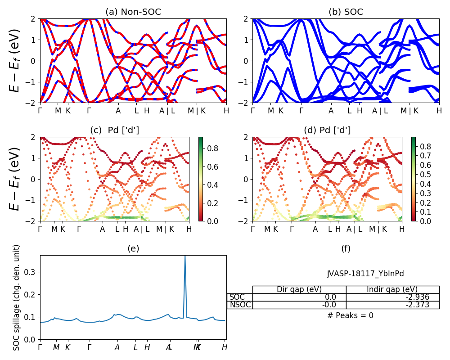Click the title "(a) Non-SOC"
tap(133, 12)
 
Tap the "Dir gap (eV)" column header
tap(299, 289)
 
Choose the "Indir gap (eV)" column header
tap(392, 289)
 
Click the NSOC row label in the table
tap(239, 305)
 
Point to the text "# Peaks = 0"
tap(350, 315)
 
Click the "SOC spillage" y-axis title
tap(17, 297)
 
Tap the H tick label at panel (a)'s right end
tap(226, 111)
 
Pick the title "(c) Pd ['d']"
tap(114, 130)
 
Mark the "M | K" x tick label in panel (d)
tap(378, 229)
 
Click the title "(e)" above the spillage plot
tap(133, 248)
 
